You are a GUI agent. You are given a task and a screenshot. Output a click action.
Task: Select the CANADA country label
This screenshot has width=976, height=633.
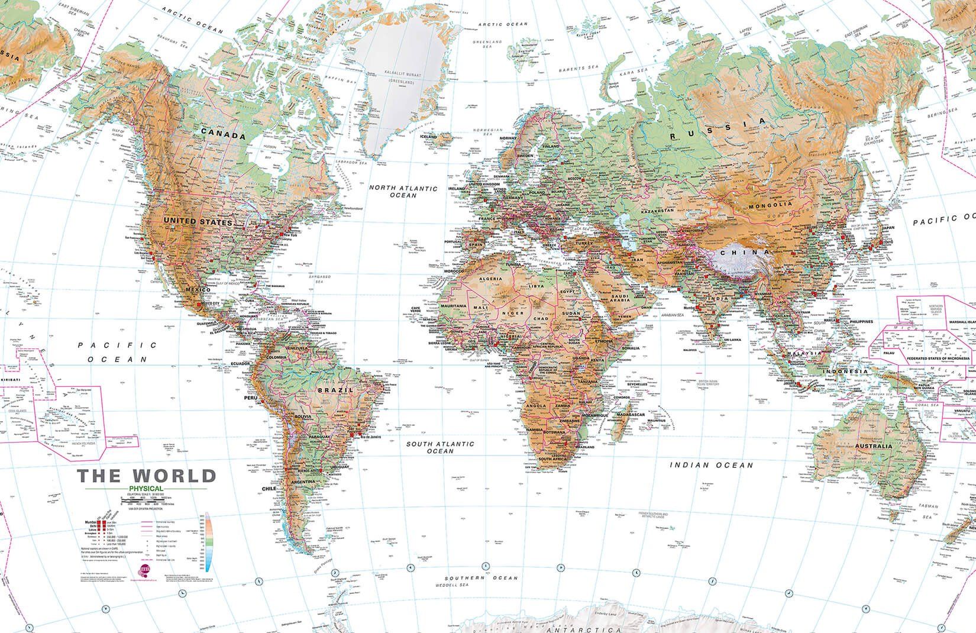coord(222,135)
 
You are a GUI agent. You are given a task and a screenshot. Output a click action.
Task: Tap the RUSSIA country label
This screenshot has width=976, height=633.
coord(718,130)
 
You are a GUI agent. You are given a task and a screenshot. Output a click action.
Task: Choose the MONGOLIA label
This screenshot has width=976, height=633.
coord(771,204)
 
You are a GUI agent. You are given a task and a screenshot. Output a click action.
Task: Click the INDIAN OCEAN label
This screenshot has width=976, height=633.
coord(712,466)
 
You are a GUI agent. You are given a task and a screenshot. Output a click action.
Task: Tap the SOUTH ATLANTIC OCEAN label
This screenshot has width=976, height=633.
coord(439,447)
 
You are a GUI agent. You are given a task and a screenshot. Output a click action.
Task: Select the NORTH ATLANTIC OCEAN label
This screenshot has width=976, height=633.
coord(403,192)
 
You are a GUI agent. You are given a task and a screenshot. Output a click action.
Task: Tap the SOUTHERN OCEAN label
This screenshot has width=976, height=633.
coord(481,578)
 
